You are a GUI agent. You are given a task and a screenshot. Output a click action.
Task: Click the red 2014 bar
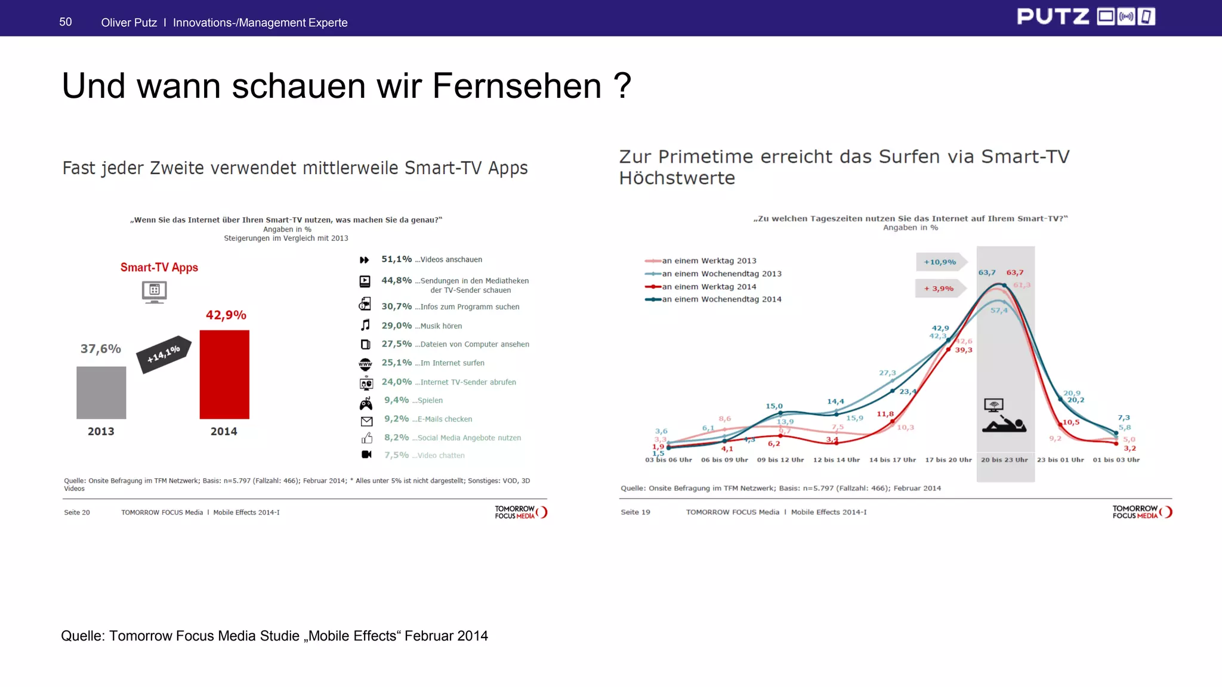point(224,374)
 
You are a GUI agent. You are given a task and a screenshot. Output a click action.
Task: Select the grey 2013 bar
point(101,392)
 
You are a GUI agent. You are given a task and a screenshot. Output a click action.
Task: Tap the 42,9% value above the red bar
point(226,315)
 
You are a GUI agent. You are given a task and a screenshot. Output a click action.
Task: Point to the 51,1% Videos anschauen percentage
point(396,259)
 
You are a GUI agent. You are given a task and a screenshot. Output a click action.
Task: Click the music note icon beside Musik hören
point(365,325)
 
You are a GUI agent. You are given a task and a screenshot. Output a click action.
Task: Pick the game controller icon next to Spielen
point(366,404)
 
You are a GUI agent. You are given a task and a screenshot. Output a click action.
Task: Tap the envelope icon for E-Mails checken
point(366,421)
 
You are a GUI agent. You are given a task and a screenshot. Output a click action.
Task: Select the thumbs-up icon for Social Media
point(366,438)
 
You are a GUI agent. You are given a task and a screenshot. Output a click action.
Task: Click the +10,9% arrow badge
point(940,262)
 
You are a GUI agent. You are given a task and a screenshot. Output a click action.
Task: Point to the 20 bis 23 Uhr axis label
point(1004,460)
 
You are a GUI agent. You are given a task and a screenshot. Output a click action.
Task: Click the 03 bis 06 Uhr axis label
point(668,460)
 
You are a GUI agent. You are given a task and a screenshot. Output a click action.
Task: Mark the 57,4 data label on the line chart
point(999,310)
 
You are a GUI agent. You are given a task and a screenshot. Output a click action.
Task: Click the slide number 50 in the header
point(66,22)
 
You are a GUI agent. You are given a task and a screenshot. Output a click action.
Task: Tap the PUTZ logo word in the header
point(1053,17)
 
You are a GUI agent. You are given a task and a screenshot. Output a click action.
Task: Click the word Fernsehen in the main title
point(516,86)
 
